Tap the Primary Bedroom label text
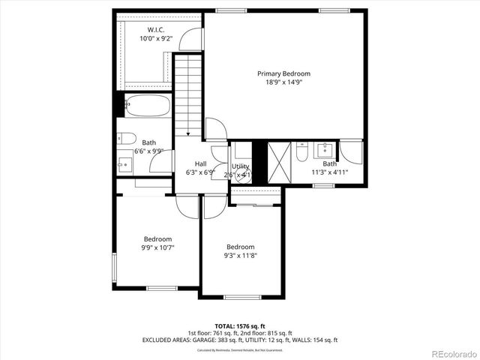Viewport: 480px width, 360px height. [283, 73]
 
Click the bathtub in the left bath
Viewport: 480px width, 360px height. [147, 106]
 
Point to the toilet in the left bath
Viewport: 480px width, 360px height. [125, 138]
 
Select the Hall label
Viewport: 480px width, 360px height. [200, 163]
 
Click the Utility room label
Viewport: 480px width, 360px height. [240, 166]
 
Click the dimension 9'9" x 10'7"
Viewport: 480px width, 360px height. [158, 247]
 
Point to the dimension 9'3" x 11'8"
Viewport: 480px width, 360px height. [241, 256]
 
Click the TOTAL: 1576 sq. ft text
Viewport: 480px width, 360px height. [240, 326]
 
